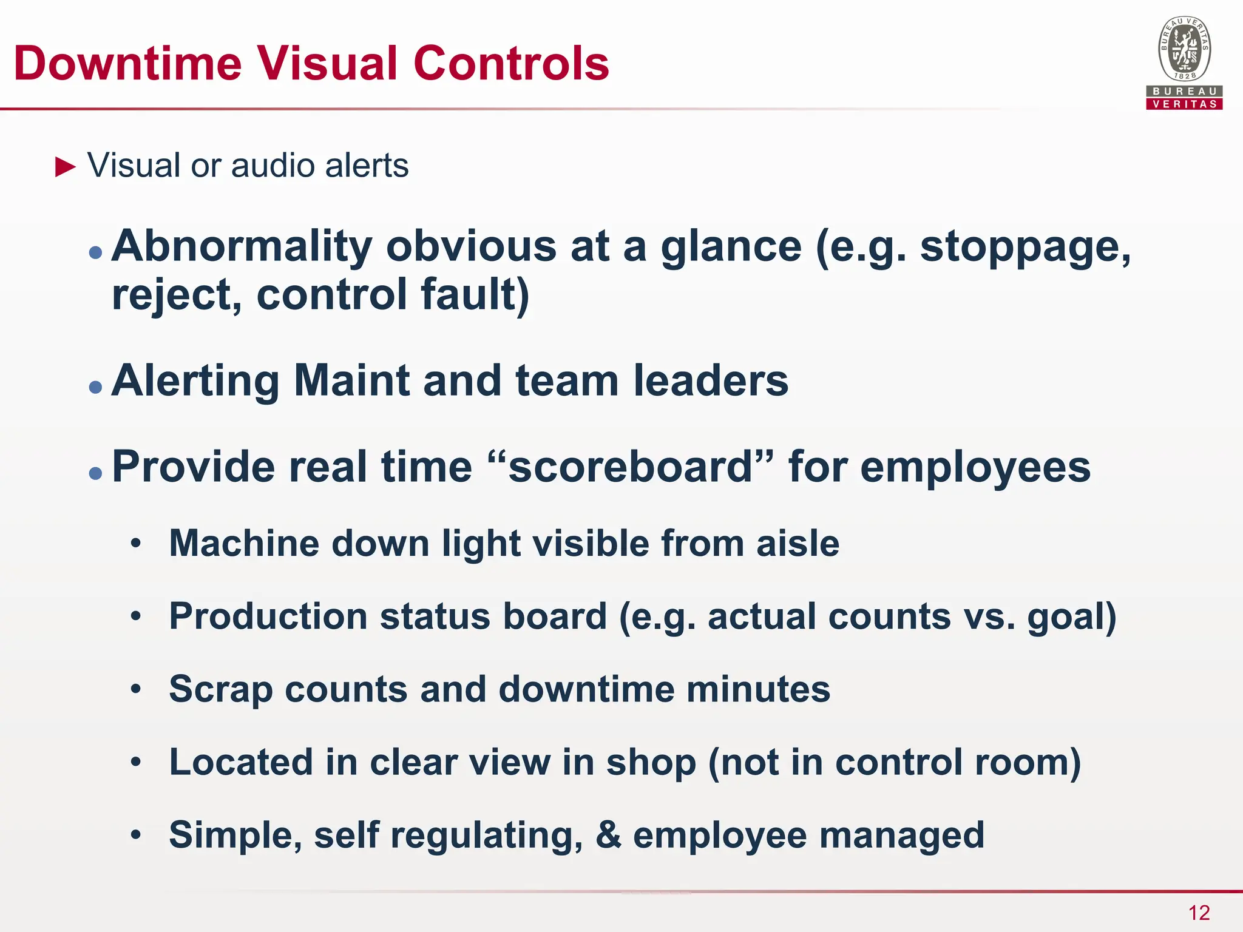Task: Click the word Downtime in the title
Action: pyautogui.click(x=127, y=63)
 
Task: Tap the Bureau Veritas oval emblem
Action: pyautogui.click(x=1184, y=49)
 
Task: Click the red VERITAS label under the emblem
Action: pyautogui.click(x=1184, y=104)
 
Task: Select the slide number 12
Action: pyautogui.click(x=1199, y=913)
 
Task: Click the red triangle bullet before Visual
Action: pyautogui.click(x=66, y=166)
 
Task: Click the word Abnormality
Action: pyautogui.click(x=242, y=246)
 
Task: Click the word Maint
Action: pyautogui.click(x=351, y=381)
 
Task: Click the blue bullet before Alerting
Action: pyautogui.click(x=95, y=387)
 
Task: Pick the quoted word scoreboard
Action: pyautogui.click(x=631, y=467)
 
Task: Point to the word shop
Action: pyautogui.click(x=651, y=763)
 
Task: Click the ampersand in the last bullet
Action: pyautogui.click(x=608, y=835)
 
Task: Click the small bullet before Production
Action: pyautogui.click(x=136, y=617)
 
